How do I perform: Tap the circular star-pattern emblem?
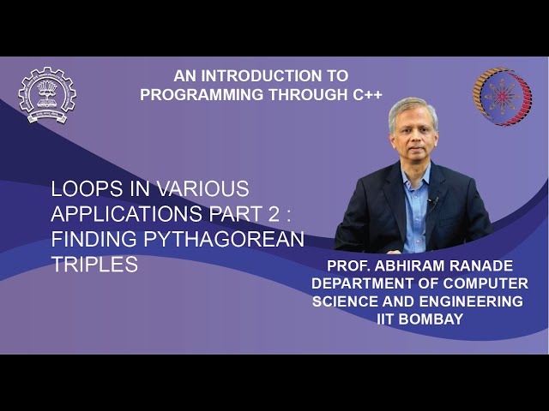coord(502,97)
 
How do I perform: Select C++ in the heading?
coord(365,93)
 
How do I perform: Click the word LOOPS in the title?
coord(81,188)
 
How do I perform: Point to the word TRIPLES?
coord(94,265)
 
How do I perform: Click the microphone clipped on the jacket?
coord(434,202)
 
